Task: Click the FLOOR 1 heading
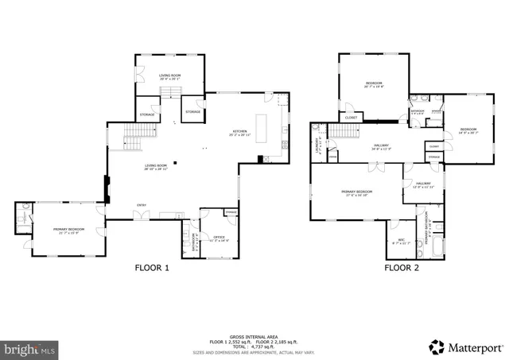[152, 268]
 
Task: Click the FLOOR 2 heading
[402, 268]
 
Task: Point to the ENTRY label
[142, 206]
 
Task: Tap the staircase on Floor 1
[132, 142]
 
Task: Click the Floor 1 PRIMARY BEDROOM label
[68, 230]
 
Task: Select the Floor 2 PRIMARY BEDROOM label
[357, 193]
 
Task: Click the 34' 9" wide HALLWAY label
[381, 146]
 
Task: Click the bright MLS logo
[30, 348]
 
